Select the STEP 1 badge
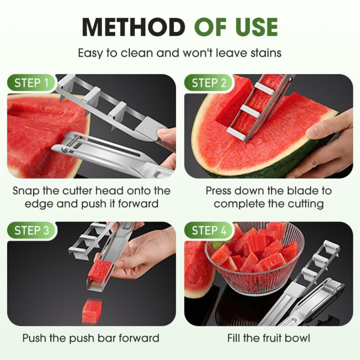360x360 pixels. tap(31, 83)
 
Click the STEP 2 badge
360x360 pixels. tap(209, 83)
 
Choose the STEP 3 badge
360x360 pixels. tap(31, 230)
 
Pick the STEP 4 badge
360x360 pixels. tap(209, 230)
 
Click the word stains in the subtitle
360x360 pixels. tap(266, 53)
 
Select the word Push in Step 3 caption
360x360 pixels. tap(34, 338)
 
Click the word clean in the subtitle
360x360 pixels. tap(137, 53)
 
